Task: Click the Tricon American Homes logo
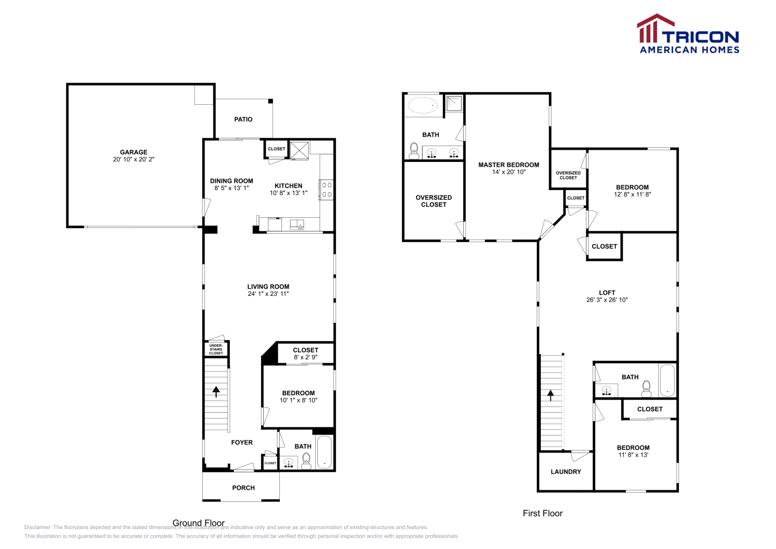688,34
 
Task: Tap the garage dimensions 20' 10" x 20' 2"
133,160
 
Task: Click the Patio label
243,119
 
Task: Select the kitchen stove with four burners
326,190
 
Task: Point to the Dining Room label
231,181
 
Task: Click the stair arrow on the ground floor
216,391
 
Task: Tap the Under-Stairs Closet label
216,350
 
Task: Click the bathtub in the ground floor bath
324,452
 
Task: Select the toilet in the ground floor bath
306,460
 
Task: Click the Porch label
243,488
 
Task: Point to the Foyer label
242,442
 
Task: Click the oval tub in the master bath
422,105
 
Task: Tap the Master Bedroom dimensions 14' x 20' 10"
509,172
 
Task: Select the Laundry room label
566,472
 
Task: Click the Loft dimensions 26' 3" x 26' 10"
607,300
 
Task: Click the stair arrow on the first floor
550,395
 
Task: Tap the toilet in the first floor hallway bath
646,388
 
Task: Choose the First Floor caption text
542,514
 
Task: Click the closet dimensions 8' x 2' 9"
305,357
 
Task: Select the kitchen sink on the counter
296,225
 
